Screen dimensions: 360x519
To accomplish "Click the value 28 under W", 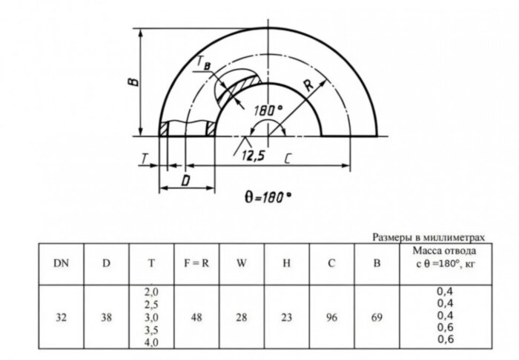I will pos(242,316).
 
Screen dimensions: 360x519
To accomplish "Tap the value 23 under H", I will pos(285,316).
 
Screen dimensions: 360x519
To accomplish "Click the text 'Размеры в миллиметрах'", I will pos(428,237).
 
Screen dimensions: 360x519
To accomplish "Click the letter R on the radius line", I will pos(310,84).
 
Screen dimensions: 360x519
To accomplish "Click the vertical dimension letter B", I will pos(130,81).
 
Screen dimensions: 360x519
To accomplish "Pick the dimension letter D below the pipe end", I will pos(186,179).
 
